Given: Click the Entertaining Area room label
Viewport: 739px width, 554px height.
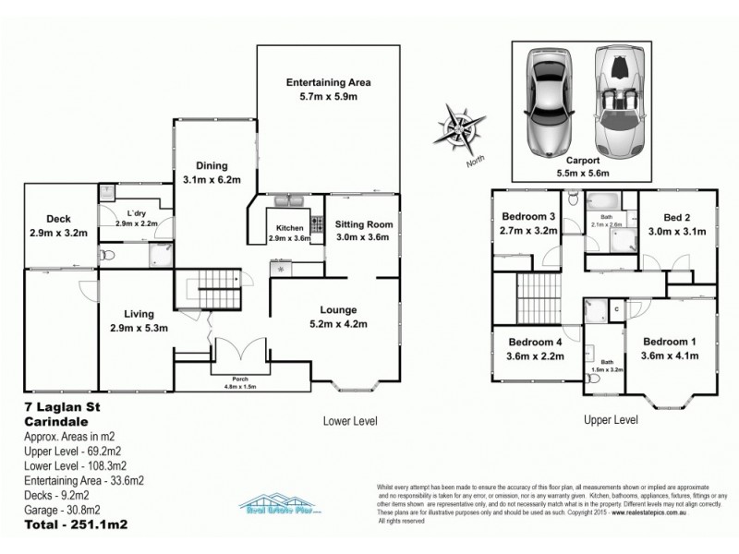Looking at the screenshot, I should click(x=321, y=89).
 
